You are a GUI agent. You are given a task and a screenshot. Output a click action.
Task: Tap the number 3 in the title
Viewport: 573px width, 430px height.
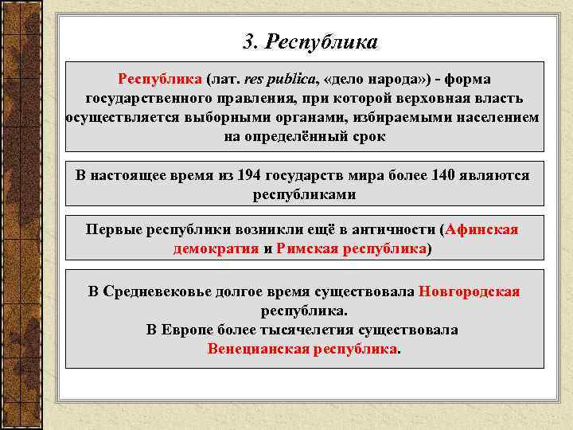248,41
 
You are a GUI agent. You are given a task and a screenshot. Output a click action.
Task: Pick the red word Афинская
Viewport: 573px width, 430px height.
482,230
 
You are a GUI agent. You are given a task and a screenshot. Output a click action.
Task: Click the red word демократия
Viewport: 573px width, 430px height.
216,248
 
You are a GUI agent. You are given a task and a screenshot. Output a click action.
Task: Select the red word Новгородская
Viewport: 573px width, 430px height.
469,291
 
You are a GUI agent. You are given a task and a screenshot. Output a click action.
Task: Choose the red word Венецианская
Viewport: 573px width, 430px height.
259,349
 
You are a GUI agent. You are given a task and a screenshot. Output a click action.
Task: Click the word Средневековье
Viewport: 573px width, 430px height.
156,291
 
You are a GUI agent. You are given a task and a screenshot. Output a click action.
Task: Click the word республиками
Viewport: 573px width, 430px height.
305,193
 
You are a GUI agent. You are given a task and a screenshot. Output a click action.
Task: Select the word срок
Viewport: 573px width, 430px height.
368,136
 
